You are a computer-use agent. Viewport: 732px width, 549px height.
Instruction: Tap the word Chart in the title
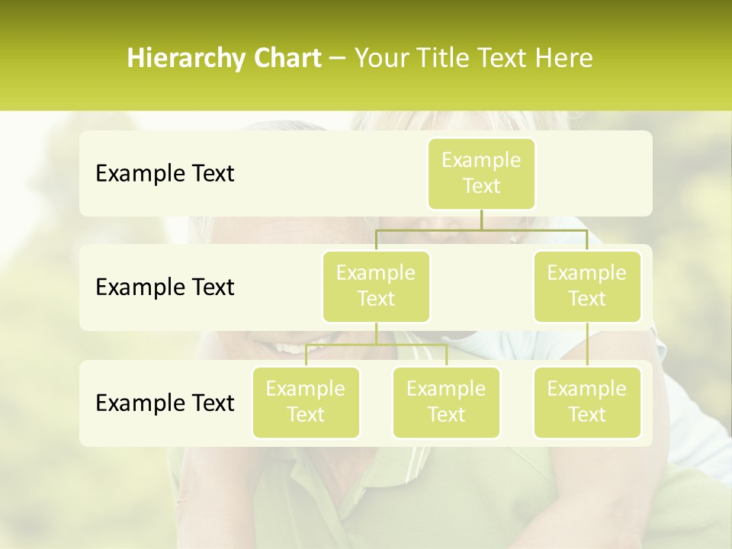(x=287, y=59)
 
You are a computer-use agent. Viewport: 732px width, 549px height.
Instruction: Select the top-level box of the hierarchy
(x=481, y=173)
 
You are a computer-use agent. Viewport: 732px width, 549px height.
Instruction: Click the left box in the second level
(x=376, y=286)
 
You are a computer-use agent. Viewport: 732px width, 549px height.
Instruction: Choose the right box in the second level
(x=587, y=286)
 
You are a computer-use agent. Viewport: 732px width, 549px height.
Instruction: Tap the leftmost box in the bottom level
(x=306, y=402)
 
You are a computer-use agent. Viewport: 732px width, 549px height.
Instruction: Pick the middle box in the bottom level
(x=446, y=402)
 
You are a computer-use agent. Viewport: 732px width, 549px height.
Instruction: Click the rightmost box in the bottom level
(x=587, y=402)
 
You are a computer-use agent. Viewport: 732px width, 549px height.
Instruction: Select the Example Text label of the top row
(x=165, y=174)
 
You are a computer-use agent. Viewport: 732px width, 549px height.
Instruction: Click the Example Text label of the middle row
(x=165, y=287)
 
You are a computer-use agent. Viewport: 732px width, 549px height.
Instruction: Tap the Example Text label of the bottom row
(x=165, y=403)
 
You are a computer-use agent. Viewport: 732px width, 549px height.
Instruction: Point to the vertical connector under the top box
(x=481, y=220)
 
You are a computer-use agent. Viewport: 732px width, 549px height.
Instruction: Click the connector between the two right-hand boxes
(x=587, y=345)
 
